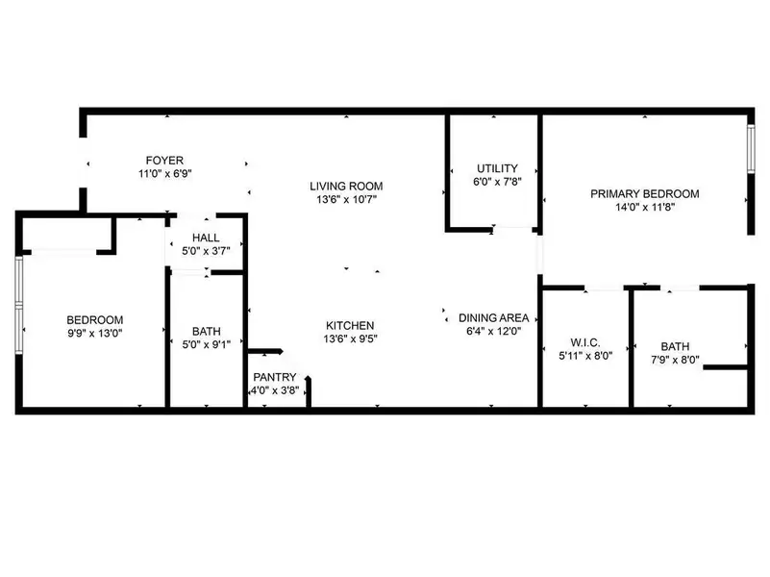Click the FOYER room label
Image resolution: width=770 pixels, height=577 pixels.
tap(164, 161)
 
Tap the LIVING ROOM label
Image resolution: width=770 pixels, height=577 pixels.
tap(346, 187)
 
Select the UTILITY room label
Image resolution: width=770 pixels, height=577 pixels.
tap(496, 167)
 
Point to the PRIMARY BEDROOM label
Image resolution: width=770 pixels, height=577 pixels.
tap(644, 193)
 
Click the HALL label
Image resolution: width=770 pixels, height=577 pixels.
tap(206, 238)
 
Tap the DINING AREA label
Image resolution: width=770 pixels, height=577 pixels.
tap(494, 318)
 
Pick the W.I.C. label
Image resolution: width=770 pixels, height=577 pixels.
tap(585, 341)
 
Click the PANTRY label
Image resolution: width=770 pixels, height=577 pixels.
tap(275, 377)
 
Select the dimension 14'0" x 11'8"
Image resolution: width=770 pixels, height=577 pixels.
tap(644, 207)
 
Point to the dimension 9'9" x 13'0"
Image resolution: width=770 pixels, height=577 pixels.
tap(94, 334)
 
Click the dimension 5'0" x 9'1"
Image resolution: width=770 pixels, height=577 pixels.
tap(206, 342)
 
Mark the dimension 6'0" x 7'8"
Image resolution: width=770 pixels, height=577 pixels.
tap(496, 181)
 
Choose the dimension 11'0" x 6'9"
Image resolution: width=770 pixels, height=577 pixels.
tap(164, 174)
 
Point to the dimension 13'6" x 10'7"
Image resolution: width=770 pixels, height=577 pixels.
tap(346, 200)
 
